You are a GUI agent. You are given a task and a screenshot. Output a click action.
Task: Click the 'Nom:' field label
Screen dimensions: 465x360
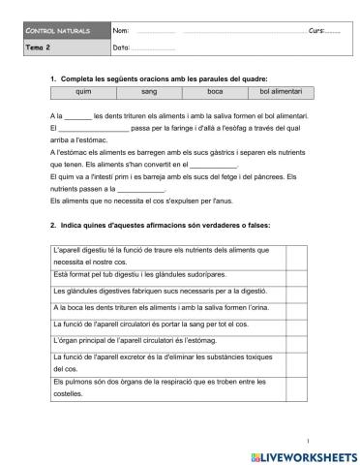point(121,31)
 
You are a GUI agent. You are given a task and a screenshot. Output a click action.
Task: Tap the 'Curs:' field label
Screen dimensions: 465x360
point(317,31)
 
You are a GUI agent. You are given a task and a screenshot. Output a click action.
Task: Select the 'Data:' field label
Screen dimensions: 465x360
point(122,46)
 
